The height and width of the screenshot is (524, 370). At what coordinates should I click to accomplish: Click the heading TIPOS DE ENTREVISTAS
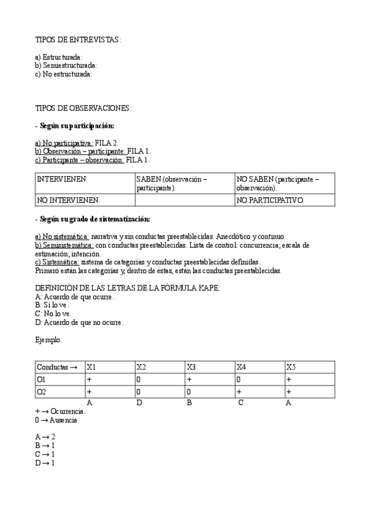click(x=78, y=40)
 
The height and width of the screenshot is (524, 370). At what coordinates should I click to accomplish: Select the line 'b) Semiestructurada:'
click(x=66, y=65)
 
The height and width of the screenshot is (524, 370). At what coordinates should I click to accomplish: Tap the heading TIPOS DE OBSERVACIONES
click(x=83, y=108)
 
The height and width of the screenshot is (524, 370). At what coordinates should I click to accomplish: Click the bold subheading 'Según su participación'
click(x=77, y=125)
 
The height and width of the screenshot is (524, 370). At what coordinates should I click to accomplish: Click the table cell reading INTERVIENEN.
click(x=62, y=179)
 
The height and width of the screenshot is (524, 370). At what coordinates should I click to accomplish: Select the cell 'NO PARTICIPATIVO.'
click(x=270, y=200)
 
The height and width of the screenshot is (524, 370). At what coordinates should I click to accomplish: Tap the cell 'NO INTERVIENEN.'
click(x=69, y=200)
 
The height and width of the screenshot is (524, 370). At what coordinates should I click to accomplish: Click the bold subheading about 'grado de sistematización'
click(x=93, y=219)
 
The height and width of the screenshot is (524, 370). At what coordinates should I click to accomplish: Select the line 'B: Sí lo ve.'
click(x=53, y=305)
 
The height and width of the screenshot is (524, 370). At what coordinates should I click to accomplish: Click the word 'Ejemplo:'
click(x=49, y=339)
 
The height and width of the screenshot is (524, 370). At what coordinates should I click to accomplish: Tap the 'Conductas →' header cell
click(x=57, y=367)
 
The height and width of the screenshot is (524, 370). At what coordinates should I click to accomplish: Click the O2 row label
click(x=41, y=392)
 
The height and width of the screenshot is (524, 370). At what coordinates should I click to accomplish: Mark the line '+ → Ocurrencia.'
click(x=61, y=411)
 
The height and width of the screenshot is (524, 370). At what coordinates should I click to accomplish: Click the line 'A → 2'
click(x=46, y=436)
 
